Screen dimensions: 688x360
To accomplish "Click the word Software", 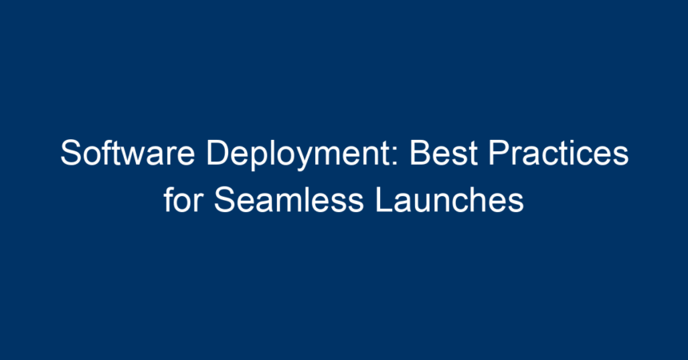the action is [x=127, y=152].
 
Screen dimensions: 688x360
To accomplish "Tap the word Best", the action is [x=443, y=152].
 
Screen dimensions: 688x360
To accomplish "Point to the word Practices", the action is [x=558, y=152].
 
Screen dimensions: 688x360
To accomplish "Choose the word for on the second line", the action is [x=183, y=199].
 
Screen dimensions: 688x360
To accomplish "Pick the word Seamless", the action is [x=289, y=199].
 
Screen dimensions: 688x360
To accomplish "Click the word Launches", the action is [x=450, y=199].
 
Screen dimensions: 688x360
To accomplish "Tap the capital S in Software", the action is [x=71, y=152].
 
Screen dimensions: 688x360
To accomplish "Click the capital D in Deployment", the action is [x=218, y=152].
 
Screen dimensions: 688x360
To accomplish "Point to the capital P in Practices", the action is [x=499, y=152].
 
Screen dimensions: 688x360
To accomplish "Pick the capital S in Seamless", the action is [x=225, y=199].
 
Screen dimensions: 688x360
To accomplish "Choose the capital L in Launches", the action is [x=385, y=199].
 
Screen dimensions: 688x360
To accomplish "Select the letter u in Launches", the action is [x=426, y=203].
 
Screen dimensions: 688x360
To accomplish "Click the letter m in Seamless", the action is [x=300, y=203].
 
